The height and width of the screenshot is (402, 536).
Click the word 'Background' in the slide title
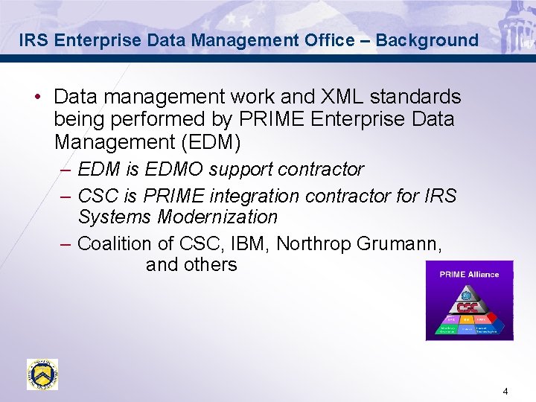point(427,40)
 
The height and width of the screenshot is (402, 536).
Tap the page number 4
point(505,392)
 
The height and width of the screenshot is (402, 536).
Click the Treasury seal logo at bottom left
point(42,374)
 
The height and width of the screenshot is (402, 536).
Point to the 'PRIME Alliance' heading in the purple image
point(469,274)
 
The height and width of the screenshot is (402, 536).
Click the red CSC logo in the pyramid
point(468,307)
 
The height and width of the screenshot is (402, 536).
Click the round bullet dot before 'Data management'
point(36,98)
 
